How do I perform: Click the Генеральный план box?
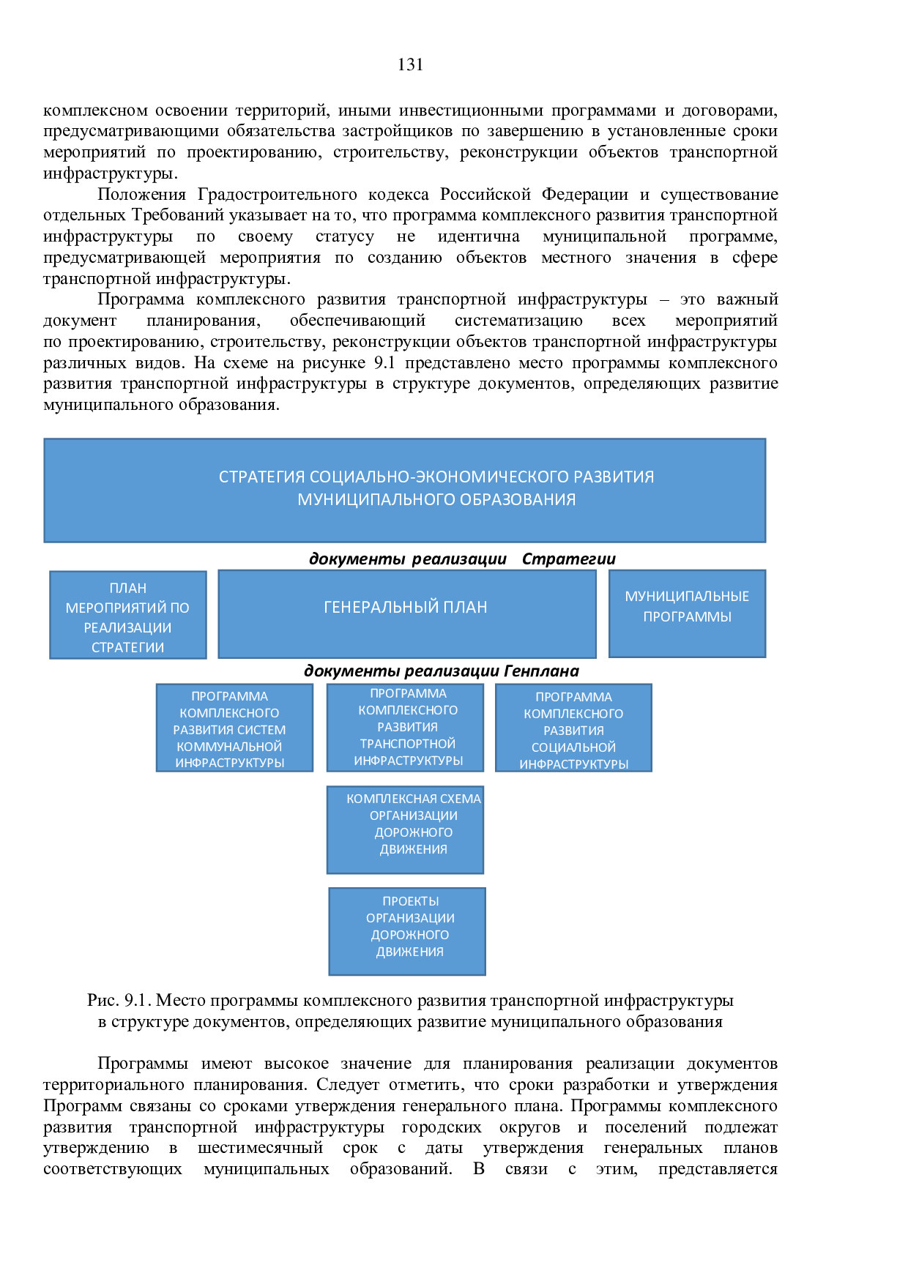point(406,613)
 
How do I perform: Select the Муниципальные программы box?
point(687,613)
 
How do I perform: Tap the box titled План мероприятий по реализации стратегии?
point(128,615)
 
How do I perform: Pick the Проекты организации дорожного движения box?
point(407,932)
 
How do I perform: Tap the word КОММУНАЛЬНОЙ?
point(229,747)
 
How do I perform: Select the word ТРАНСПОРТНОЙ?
point(408,744)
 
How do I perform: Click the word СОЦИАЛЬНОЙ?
point(573,747)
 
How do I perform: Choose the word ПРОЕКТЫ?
point(411,901)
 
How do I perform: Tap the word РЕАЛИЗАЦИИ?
point(128,628)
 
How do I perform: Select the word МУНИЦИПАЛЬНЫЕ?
point(687,597)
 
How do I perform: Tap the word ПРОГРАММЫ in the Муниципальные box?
point(687,617)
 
